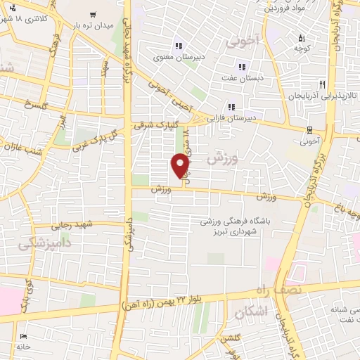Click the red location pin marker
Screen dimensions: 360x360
[x=181, y=165]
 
